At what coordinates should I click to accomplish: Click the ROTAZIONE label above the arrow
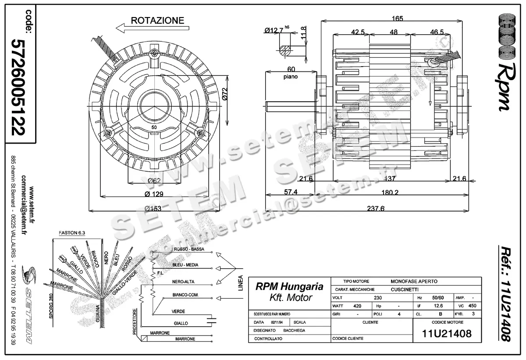pos(157,20)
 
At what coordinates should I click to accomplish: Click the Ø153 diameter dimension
pos(154,208)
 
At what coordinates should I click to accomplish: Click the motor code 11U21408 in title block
pos(447,334)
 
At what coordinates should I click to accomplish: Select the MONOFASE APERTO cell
pos(414,281)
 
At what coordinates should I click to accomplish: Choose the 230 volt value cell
pos(377,297)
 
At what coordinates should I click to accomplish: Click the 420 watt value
pos(357,306)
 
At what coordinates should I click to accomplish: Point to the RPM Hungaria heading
pos(289,287)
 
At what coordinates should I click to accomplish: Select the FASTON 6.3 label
pos(71,234)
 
